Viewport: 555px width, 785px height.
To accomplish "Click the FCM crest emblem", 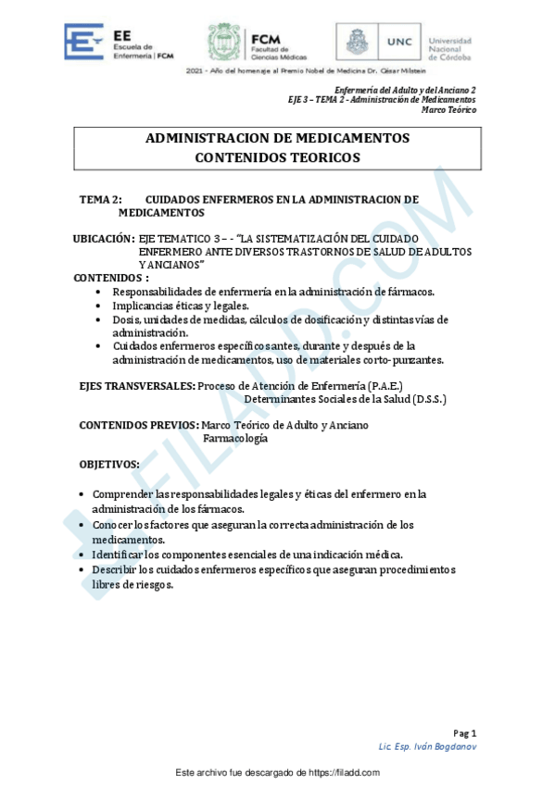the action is (x=224, y=43).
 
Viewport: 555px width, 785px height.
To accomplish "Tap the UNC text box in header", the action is (x=399, y=42).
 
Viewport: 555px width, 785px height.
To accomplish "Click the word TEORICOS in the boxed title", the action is (x=322, y=157).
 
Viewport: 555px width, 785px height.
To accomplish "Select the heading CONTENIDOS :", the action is (x=111, y=278).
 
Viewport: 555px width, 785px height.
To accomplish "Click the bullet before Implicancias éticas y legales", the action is (x=99, y=305).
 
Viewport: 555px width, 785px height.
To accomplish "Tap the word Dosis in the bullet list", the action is (x=126, y=319).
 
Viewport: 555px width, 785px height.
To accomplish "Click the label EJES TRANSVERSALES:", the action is (x=136, y=384).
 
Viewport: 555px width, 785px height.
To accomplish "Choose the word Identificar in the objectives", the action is (x=120, y=554).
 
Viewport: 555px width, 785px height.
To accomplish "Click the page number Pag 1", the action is (x=465, y=731).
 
